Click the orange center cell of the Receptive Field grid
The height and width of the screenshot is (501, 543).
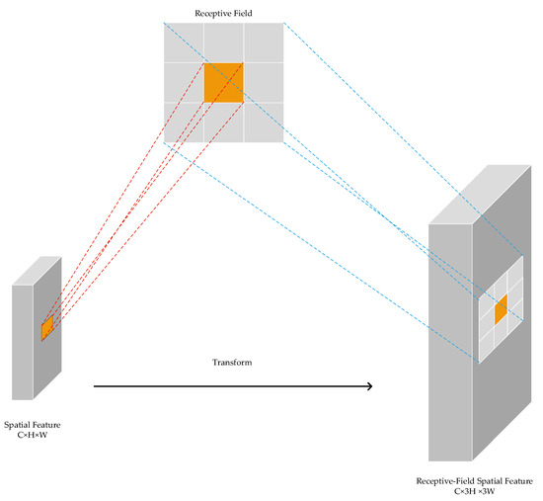[x=223, y=83]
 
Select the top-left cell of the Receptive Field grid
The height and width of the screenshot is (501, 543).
[x=184, y=42]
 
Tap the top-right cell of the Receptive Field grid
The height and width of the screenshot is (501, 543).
[x=264, y=42]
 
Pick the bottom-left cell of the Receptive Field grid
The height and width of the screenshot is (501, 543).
[x=184, y=123]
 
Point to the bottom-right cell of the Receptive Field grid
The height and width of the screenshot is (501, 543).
[x=264, y=123]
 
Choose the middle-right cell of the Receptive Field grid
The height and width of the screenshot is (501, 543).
[x=264, y=83]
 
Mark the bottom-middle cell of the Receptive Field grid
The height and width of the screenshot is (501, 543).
[x=223, y=123]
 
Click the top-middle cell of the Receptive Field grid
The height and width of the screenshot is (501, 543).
[x=223, y=42]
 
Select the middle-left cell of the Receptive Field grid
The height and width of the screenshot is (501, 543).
[x=184, y=83]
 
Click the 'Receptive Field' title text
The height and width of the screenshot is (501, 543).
[x=223, y=12]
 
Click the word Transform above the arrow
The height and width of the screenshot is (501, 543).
[x=232, y=364]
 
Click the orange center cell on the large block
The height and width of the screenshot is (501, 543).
[x=501, y=307]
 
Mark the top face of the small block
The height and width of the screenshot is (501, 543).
[x=38, y=270]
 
